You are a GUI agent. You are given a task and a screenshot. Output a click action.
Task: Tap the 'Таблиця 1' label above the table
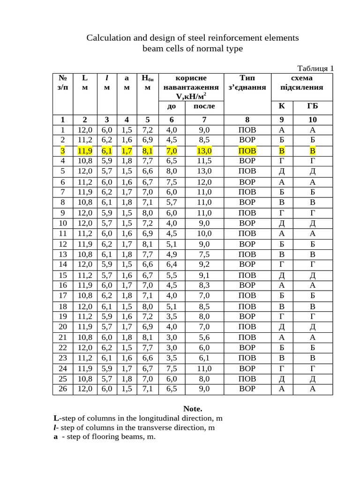[315, 68]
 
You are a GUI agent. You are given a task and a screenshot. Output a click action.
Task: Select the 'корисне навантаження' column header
[190, 87]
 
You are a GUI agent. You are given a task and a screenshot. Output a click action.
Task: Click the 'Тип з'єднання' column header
[247, 82]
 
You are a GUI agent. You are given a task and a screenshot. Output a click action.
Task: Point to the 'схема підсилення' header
[302, 82]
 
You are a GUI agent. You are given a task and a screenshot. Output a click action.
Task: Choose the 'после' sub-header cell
[204, 106]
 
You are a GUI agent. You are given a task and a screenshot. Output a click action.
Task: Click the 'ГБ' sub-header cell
[313, 106]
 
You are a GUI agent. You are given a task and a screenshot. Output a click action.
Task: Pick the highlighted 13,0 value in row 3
[204, 151]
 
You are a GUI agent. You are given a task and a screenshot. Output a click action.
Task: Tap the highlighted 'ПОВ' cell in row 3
[247, 151]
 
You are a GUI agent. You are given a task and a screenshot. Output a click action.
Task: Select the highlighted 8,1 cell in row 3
[148, 151]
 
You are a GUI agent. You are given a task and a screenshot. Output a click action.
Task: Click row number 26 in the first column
[63, 389]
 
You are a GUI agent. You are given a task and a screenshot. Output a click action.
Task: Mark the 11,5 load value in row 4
[204, 161]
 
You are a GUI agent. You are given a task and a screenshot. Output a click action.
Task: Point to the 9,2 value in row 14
[204, 264]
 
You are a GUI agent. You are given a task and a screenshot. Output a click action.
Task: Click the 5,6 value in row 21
[204, 337]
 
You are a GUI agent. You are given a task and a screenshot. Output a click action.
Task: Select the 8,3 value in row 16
[204, 285]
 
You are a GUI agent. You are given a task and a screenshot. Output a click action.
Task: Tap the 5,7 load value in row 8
[172, 202]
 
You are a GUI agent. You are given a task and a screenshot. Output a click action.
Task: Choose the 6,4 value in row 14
[172, 264]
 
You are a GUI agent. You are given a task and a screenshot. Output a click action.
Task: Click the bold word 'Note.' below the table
[193, 409]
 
